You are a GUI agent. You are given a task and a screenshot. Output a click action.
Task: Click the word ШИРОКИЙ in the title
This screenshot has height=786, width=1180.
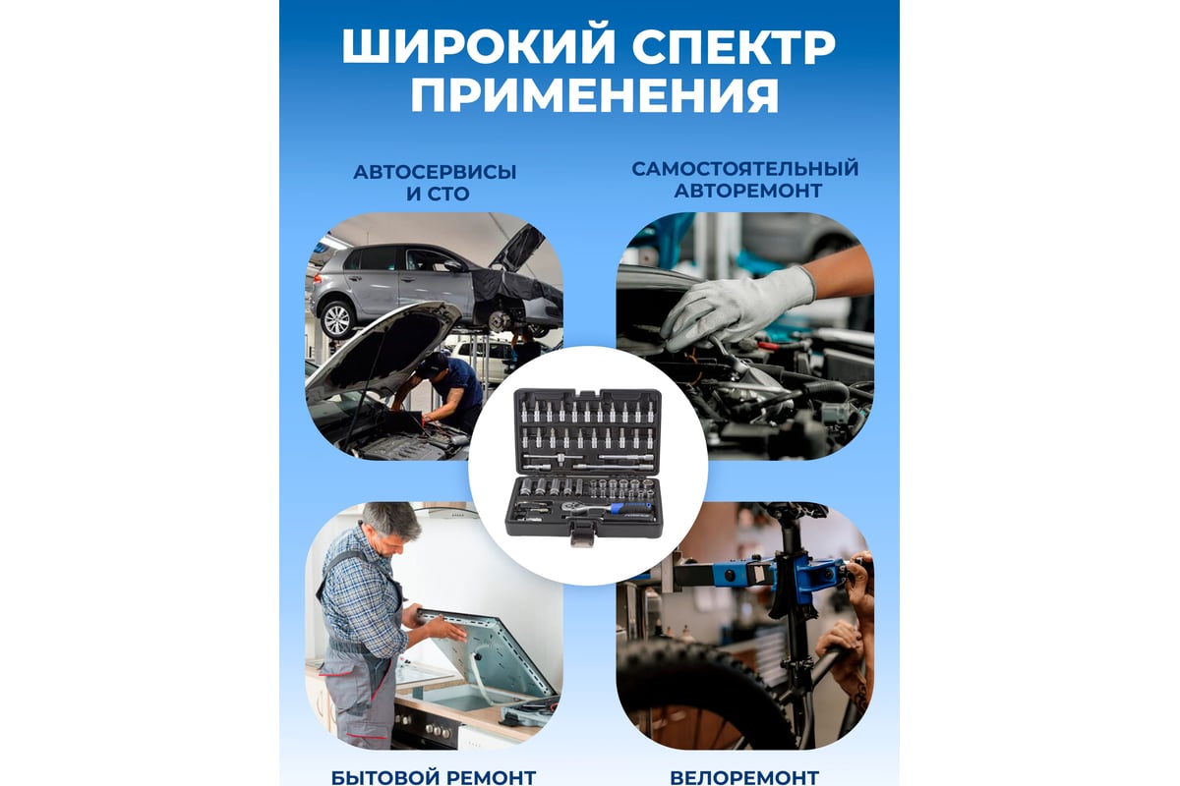coord(479,47)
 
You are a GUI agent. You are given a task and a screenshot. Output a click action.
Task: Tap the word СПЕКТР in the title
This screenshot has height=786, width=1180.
coord(734,47)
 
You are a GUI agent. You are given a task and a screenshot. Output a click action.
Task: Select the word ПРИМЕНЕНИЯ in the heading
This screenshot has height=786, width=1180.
coord(594,95)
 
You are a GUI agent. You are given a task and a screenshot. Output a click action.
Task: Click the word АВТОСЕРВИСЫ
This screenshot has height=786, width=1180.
coord(435,172)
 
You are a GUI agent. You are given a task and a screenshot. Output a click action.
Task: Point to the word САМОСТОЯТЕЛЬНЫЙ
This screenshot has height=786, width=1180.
coord(745,169)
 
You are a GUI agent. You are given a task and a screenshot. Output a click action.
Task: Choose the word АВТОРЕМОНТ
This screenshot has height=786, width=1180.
coord(748,191)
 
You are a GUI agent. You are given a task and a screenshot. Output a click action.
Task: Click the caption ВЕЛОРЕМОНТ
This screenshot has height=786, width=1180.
coord(744,777)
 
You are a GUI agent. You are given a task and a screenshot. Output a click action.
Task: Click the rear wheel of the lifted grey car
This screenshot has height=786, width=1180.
coord(336,319)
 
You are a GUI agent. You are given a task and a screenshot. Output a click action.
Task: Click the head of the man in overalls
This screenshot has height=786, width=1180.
coord(388,527)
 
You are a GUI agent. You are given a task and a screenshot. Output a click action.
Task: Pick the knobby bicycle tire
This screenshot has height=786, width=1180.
coord(706,695)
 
